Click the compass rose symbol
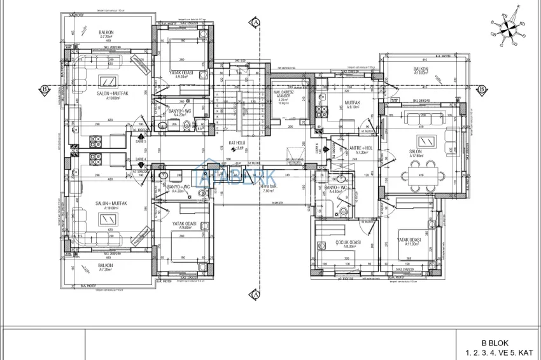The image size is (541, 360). click(507, 27)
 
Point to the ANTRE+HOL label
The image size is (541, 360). click(360, 149)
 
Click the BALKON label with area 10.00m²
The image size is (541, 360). click(421, 69)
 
